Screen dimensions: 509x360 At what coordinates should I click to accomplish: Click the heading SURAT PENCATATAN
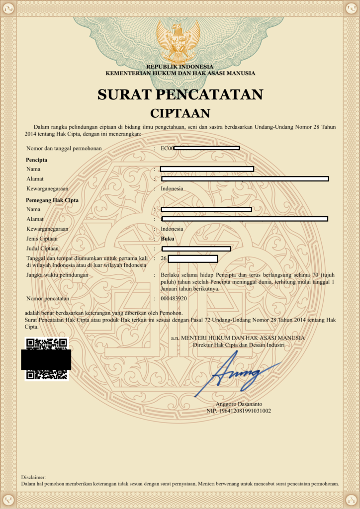(x=180, y=94)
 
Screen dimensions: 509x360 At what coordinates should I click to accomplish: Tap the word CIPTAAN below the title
(x=180, y=113)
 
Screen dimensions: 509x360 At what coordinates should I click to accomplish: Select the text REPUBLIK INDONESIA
(x=180, y=67)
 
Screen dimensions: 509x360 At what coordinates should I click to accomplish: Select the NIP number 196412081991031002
(x=239, y=411)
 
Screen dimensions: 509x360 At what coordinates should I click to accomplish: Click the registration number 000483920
(x=174, y=298)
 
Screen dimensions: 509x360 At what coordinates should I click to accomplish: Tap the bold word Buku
(x=168, y=239)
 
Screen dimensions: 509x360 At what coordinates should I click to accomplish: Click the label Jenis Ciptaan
(x=42, y=239)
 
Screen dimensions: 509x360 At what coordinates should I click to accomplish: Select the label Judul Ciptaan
(x=42, y=248)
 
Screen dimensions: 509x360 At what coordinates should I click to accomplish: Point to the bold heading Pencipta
(x=36, y=160)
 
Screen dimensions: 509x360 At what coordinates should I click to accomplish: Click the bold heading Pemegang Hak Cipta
(x=52, y=200)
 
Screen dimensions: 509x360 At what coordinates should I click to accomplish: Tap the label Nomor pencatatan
(x=48, y=298)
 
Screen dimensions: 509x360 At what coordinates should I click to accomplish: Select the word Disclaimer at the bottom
(x=33, y=477)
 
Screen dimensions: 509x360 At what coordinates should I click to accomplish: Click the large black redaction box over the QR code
(x=46, y=359)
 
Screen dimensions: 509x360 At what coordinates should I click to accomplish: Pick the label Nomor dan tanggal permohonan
(x=64, y=148)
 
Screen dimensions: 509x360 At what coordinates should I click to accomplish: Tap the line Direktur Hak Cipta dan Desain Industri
(x=238, y=344)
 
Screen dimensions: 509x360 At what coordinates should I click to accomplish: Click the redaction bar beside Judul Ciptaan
(x=196, y=249)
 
